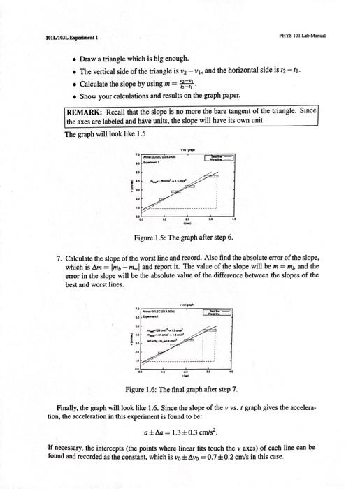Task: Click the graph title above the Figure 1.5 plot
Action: [187, 149]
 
